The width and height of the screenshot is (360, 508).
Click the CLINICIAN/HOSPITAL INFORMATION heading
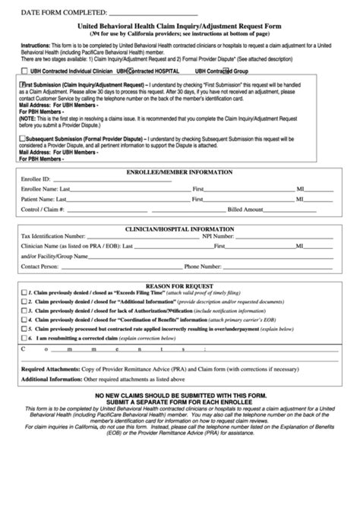click(179, 228)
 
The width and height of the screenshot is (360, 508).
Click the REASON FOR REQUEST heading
click(179, 282)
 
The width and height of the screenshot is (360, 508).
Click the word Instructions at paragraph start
click(35, 46)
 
